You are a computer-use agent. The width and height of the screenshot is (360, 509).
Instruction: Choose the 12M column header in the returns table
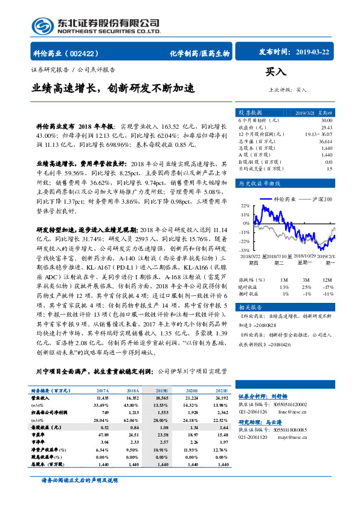(327, 280)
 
